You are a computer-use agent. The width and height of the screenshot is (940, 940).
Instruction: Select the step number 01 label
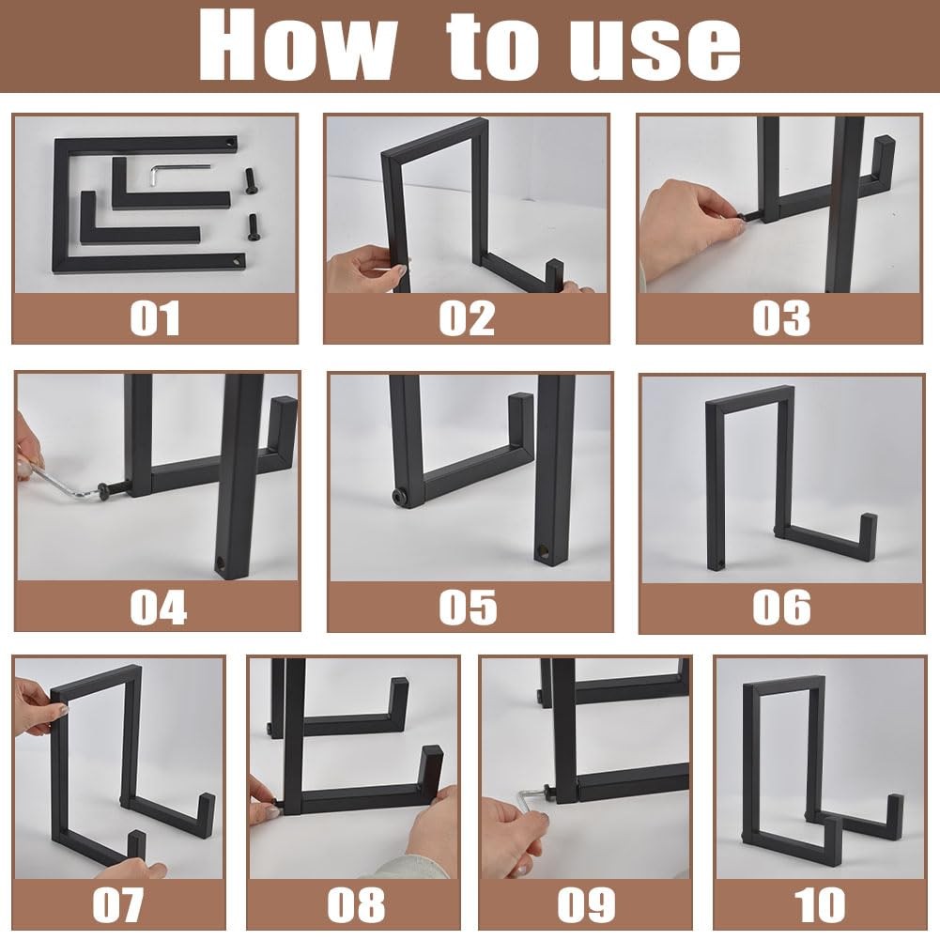coord(155,318)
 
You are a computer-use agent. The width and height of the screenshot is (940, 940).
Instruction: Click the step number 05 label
coord(469,608)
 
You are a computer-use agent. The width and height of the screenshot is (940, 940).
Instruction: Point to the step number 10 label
coord(819,904)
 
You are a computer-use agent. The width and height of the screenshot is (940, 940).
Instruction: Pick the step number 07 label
coord(117,904)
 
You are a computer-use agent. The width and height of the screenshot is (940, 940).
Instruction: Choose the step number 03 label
coord(781,318)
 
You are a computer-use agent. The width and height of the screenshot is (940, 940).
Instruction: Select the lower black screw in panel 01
coord(253,227)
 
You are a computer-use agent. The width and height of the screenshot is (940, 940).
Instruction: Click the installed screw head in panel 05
coord(399,498)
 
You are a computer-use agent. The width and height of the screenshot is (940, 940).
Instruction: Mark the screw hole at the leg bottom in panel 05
coord(543,549)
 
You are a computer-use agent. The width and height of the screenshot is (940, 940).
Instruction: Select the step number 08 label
coord(356,904)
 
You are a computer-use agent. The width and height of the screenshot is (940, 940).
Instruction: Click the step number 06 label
coord(781,608)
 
